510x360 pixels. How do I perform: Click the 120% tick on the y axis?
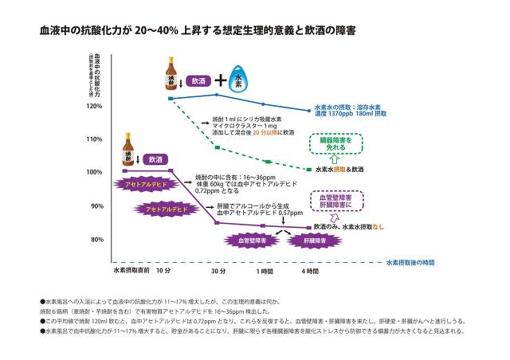coord(93,106)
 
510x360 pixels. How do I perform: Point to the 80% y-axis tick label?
coord(96,240)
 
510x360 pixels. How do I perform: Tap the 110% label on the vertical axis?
coord(93,139)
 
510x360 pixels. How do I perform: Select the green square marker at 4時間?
coord(309,170)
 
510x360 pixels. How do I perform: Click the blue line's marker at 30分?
coord(217,95)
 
